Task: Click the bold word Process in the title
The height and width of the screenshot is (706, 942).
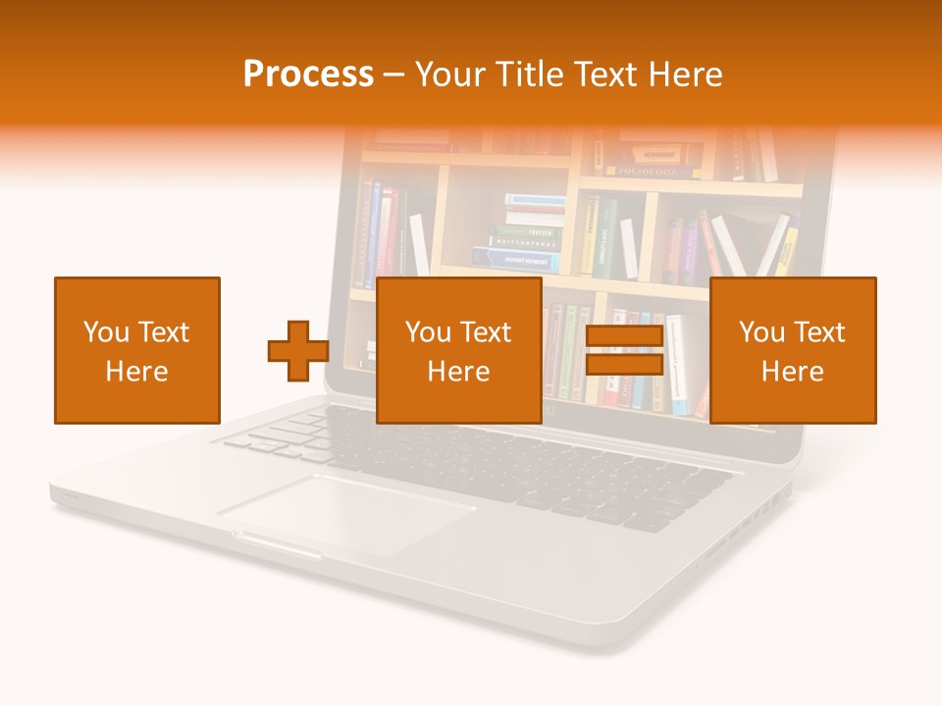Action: click(308, 75)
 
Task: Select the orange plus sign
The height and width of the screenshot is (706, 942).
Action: click(298, 351)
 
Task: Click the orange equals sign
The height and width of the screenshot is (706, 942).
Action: click(624, 351)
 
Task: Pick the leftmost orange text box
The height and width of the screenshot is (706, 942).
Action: click(137, 350)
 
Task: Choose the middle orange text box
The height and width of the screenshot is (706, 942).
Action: click(458, 350)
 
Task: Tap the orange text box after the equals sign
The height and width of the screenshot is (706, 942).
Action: click(793, 350)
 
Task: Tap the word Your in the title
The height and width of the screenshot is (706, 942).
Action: click(447, 75)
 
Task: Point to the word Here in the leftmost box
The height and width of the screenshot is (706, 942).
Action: click(136, 372)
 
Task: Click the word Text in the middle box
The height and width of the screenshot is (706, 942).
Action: click(485, 332)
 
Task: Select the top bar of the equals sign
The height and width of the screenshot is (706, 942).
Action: click(624, 335)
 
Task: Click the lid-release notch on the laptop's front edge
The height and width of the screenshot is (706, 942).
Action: click(277, 544)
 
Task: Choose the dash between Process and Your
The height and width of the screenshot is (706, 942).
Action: click(394, 75)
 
